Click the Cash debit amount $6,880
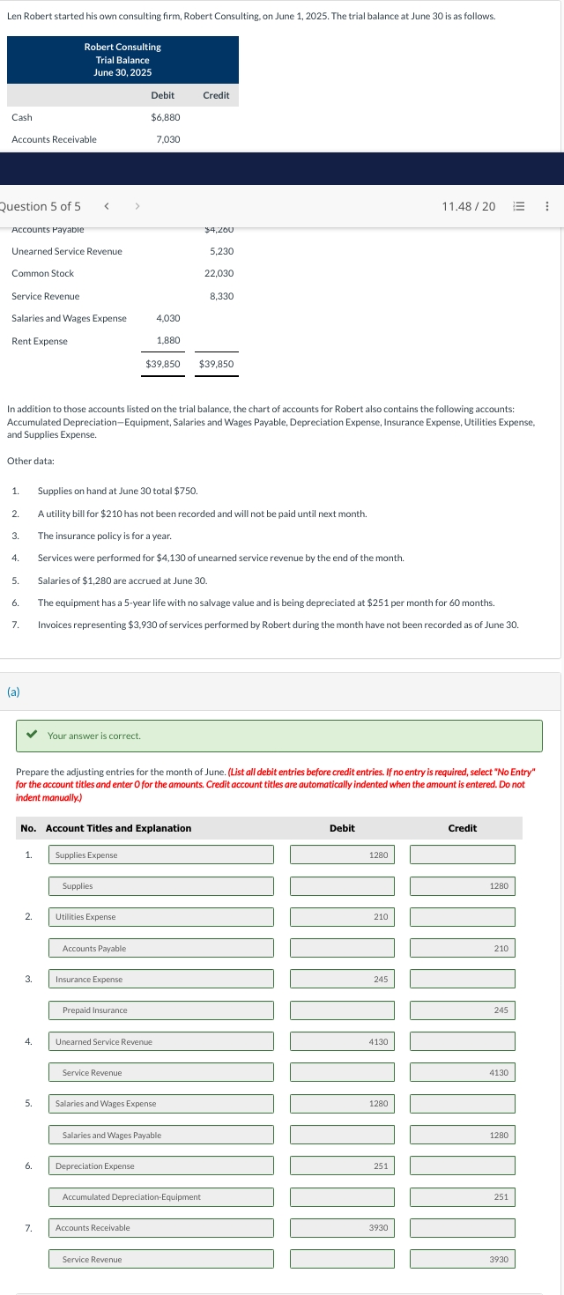(x=166, y=117)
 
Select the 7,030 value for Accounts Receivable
(x=167, y=139)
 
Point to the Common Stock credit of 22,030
(x=219, y=274)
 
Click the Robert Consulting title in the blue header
(x=122, y=47)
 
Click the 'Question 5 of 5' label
(x=41, y=206)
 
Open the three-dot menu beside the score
(x=547, y=206)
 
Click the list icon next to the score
(x=519, y=206)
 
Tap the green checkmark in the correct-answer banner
(x=33, y=735)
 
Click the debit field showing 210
(x=342, y=917)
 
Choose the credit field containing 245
(x=462, y=1010)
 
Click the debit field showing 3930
(x=342, y=1228)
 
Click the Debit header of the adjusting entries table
(x=342, y=828)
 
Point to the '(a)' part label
(x=13, y=692)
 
